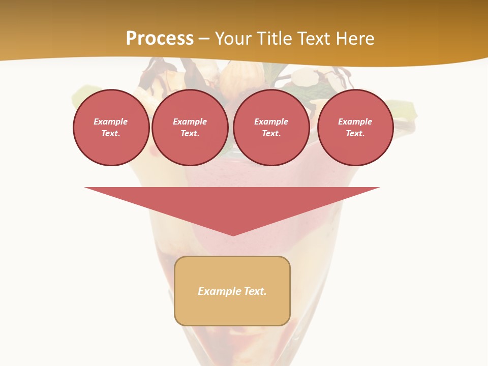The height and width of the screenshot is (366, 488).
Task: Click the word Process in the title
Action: (x=160, y=39)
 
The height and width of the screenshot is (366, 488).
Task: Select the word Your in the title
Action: (x=234, y=39)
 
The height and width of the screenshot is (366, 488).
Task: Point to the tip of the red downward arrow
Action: (x=233, y=235)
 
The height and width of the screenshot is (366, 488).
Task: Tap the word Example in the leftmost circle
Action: (x=111, y=121)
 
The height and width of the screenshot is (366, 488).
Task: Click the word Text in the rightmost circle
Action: (x=355, y=133)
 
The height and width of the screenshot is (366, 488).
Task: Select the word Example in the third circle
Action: (x=271, y=121)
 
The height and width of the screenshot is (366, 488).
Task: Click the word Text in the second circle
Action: (x=190, y=133)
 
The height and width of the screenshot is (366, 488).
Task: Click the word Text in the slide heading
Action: (x=313, y=39)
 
